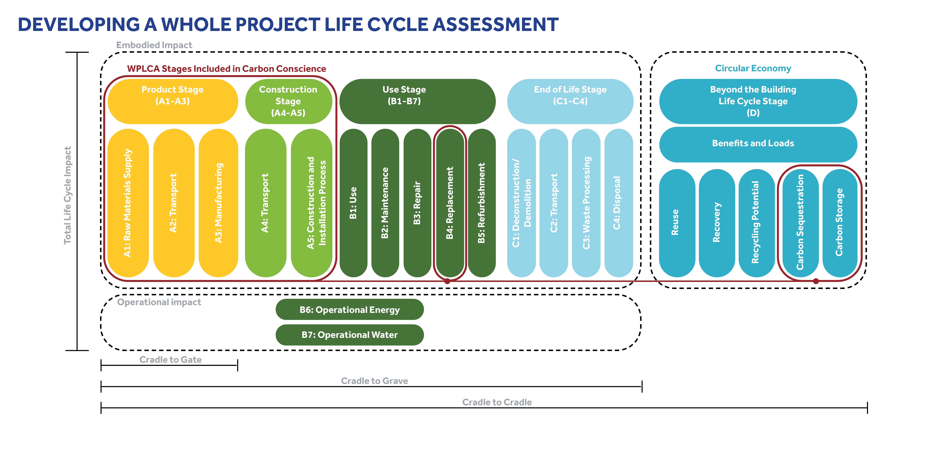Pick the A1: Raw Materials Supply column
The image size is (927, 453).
point(128,203)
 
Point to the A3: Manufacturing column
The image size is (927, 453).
point(218,203)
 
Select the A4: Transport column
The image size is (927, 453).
point(265,203)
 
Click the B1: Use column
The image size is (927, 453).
point(353,203)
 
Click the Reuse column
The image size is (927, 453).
point(677,223)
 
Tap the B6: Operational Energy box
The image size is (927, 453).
point(349,310)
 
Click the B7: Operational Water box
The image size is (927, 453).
point(349,335)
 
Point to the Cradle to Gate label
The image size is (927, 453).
point(171,360)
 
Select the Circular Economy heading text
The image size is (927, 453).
point(753,68)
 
